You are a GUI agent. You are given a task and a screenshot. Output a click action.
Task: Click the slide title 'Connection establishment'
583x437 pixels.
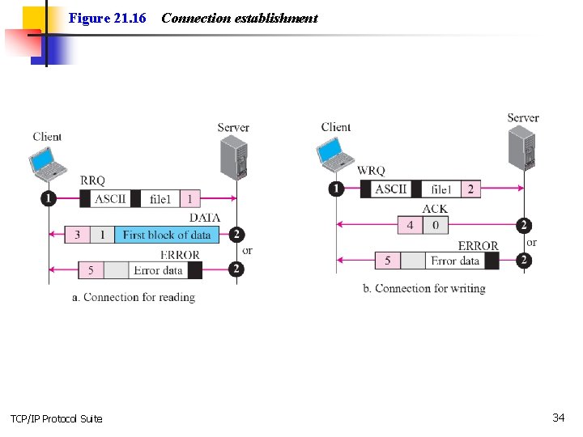239,18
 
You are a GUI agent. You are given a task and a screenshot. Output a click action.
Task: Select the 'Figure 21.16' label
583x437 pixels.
107,18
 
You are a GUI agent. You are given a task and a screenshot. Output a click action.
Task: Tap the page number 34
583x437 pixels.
558,418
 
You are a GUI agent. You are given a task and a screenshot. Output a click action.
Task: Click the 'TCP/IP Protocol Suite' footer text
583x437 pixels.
56,418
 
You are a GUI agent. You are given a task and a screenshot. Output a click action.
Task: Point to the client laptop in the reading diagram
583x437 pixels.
48,162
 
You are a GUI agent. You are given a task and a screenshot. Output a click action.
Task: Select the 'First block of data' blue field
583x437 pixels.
167,235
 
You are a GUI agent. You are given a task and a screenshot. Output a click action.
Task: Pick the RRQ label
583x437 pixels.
92,180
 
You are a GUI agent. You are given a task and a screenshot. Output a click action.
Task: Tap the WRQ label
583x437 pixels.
371,171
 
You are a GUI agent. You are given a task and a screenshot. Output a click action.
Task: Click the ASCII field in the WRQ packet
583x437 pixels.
391,189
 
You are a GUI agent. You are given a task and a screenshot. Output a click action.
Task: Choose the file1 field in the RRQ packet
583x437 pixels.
160,199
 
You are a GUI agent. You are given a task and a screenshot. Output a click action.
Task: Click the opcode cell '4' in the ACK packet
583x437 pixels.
410,225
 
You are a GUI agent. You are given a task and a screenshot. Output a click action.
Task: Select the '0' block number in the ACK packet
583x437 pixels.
435,225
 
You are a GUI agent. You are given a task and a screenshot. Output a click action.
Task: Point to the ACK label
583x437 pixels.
435,209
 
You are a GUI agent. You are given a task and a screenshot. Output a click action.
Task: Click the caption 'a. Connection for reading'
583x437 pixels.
134,297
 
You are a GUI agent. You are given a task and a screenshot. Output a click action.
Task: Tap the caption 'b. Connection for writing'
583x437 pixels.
423,288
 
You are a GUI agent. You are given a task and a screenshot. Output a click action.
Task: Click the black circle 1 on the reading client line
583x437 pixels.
49,198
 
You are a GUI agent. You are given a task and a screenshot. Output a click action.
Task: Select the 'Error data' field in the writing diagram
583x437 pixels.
455,261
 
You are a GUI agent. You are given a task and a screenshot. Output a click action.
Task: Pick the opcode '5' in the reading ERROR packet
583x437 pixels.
91,270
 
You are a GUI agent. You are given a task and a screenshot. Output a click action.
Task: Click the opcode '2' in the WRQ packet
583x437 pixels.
470,189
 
